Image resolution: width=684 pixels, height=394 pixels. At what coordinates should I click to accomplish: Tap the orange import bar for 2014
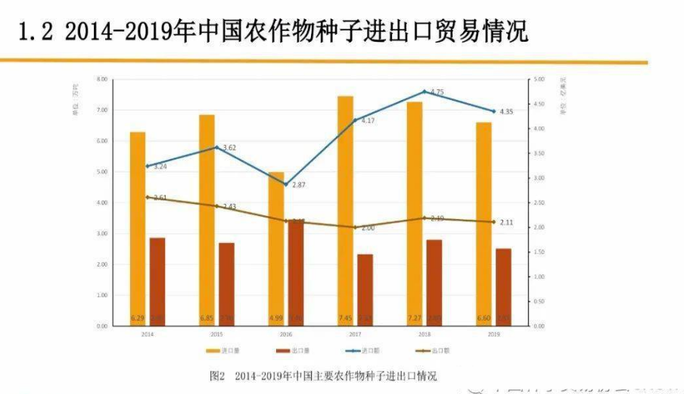137,227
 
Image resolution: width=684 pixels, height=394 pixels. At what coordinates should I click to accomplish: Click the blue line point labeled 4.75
424,92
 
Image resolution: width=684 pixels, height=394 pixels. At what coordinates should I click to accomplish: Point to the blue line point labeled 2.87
286,184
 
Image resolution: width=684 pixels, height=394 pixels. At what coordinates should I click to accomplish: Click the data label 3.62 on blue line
230,148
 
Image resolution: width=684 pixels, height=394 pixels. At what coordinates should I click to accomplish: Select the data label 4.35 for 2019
507,112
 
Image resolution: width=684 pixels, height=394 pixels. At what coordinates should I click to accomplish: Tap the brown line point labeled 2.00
355,227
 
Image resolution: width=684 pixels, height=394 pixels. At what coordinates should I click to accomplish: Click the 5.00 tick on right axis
539,79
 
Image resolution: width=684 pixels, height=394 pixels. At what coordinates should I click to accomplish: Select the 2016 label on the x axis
285,333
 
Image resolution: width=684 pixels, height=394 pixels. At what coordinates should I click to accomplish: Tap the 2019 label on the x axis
494,333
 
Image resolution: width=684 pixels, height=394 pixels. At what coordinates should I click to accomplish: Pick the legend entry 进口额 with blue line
366,351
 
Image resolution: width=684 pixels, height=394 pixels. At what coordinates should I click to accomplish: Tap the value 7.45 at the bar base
345,317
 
